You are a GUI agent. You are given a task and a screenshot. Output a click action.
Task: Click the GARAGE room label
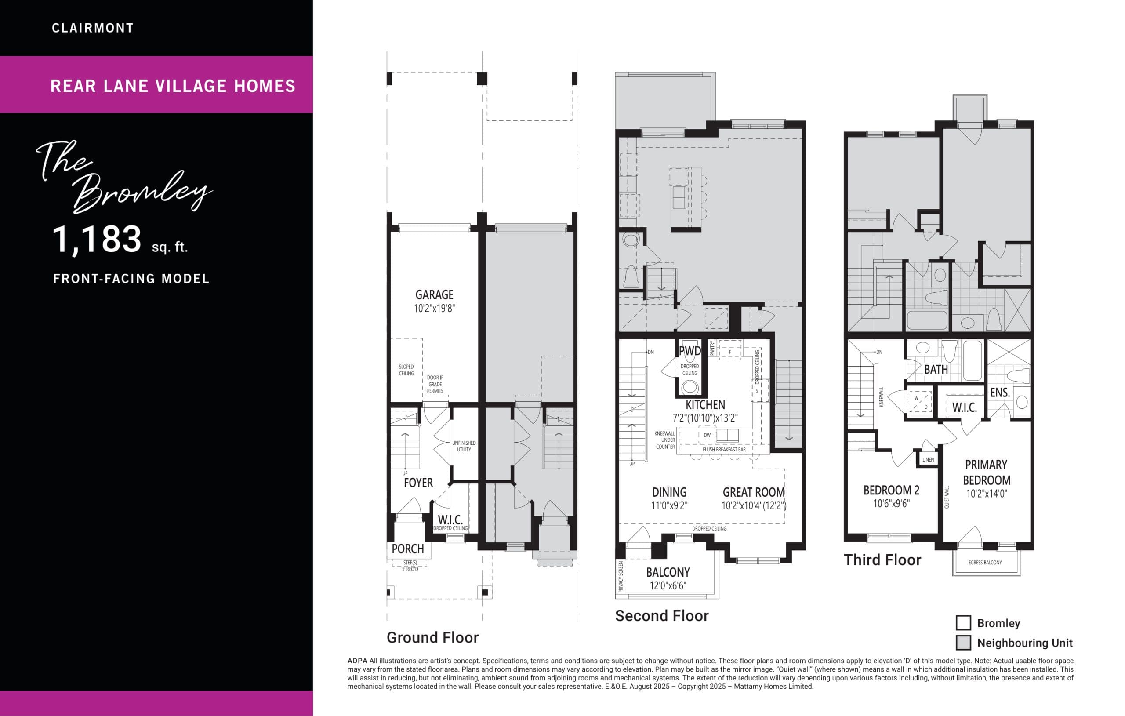(x=434, y=295)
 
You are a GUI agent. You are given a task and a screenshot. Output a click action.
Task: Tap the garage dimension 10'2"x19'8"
(x=434, y=309)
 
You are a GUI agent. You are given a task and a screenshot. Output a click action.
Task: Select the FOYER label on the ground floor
(x=418, y=483)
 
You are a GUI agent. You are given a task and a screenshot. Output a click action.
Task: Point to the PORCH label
(x=407, y=549)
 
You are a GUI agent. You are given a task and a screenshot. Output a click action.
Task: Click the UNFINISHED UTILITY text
(x=464, y=446)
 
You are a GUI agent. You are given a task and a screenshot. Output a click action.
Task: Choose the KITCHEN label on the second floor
(x=705, y=405)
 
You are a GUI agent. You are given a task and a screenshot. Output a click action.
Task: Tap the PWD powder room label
(x=690, y=351)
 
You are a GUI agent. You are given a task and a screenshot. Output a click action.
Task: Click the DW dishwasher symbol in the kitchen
(x=707, y=435)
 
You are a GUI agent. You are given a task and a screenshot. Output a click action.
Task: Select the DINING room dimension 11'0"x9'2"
(x=669, y=506)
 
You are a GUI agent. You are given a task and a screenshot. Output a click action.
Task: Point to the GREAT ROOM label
(x=754, y=493)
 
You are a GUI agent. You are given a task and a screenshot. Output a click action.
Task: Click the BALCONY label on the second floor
(x=668, y=573)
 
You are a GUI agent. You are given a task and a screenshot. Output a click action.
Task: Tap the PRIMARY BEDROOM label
(x=986, y=472)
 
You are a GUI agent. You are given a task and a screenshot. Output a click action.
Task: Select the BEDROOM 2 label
(x=891, y=490)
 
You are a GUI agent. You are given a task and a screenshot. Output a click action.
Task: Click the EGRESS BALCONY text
(x=985, y=563)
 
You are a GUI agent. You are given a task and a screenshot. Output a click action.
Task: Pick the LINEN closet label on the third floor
(x=928, y=460)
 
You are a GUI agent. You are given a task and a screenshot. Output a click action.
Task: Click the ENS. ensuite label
(x=1000, y=393)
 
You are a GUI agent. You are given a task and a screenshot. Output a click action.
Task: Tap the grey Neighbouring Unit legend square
(x=963, y=643)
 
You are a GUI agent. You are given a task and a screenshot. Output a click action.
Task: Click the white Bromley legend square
(x=963, y=623)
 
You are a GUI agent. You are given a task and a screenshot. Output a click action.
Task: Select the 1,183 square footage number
(x=97, y=240)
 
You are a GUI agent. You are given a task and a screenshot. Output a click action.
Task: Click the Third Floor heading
(x=882, y=560)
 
